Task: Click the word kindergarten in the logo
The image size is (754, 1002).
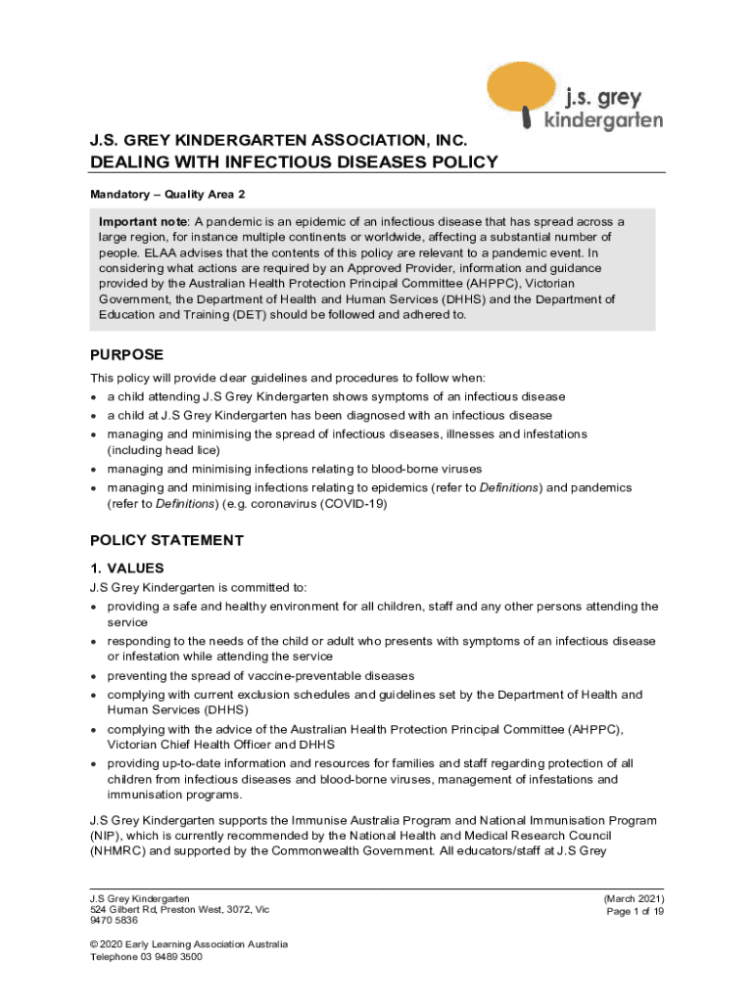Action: pyautogui.click(x=602, y=120)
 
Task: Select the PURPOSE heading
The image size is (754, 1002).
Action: pyautogui.click(x=126, y=354)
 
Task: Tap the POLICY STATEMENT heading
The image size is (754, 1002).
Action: pyautogui.click(x=166, y=540)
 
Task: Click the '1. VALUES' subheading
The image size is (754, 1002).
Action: pyautogui.click(x=126, y=569)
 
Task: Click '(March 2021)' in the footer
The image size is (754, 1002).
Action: pyautogui.click(x=635, y=898)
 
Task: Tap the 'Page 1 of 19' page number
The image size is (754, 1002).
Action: pyautogui.click(x=636, y=911)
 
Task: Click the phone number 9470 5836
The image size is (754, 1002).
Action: pyautogui.click(x=114, y=921)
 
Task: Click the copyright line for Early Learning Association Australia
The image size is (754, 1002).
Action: pyautogui.click(x=188, y=944)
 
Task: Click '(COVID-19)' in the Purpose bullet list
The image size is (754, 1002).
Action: pyautogui.click(x=353, y=504)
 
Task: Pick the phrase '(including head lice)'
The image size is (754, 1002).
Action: pyautogui.click(x=164, y=450)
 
